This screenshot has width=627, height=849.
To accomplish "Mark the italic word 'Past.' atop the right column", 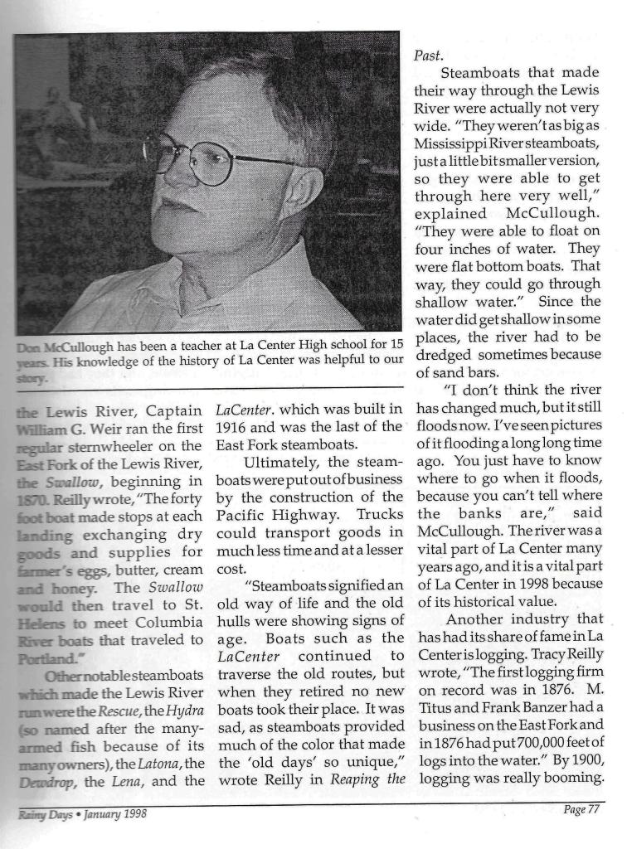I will click(x=429, y=56).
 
